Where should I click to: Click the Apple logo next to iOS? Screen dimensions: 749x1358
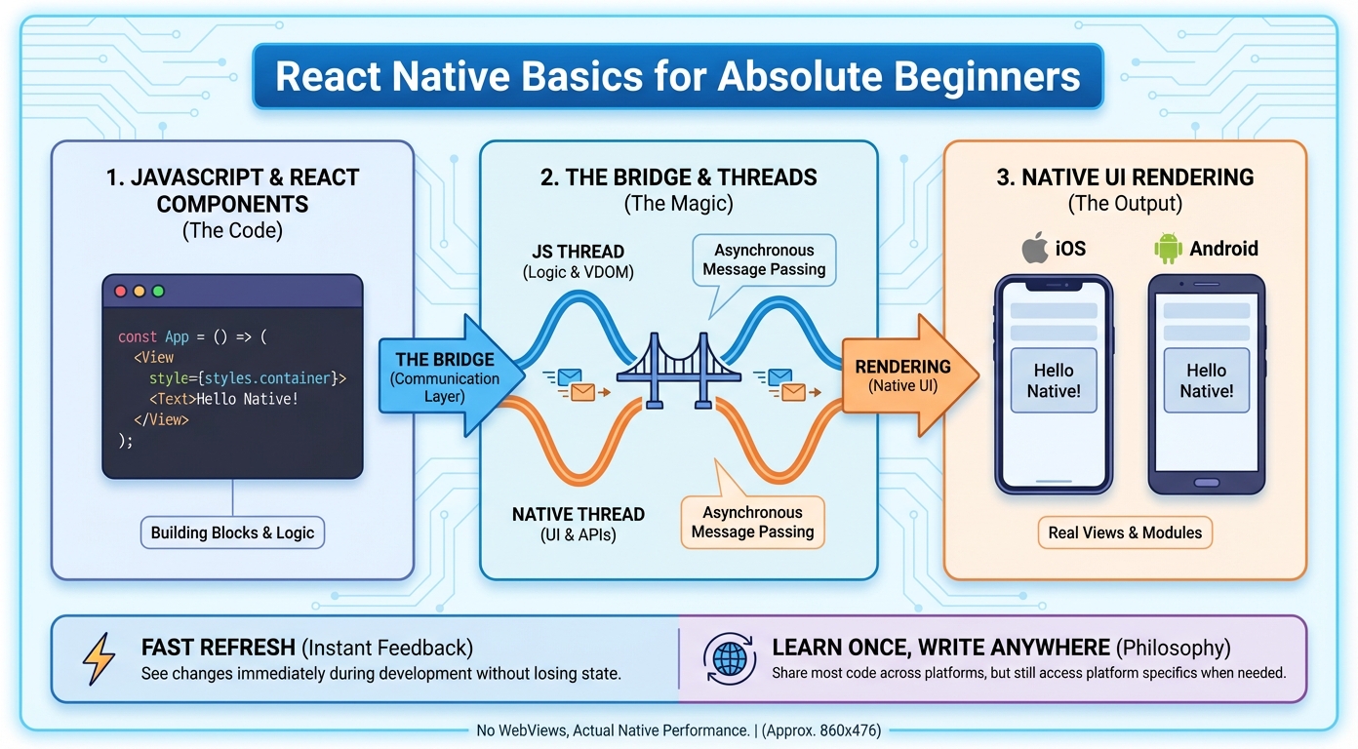click(x=1035, y=249)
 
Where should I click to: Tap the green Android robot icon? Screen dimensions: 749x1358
click(x=1167, y=249)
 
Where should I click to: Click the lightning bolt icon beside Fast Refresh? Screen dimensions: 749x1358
click(x=99, y=658)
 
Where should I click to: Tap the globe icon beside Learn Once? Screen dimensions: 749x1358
click(x=729, y=658)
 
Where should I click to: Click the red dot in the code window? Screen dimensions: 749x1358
click(x=121, y=292)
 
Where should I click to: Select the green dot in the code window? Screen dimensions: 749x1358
click(x=158, y=292)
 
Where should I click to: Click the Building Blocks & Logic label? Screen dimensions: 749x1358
click(x=232, y=532)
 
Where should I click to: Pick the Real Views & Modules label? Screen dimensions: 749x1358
click(x=1125, y=532)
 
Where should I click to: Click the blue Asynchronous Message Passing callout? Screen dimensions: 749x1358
click(x=764, y=259)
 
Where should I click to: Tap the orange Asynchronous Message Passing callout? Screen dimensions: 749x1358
click(x=752, y=522)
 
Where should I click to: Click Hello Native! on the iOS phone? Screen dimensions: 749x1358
click(x=1054, y=380)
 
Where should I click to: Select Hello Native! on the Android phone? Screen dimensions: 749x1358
click(x=1206, y=380)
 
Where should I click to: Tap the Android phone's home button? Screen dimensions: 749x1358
click(x=1206, y=482)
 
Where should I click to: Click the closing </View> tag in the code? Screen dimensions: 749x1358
click(x=161, y=419)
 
